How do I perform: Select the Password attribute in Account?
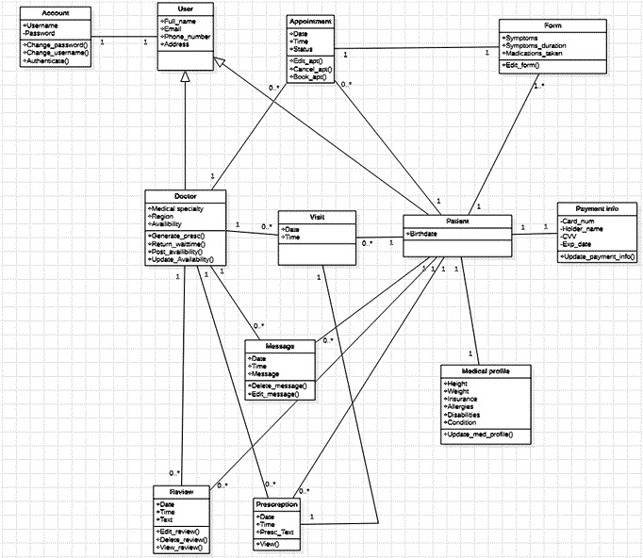(41, 33)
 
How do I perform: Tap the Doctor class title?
(185, 196)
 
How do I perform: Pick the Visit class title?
(316, 216)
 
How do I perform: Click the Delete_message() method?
(280, 386)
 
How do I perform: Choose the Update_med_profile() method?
(480, 433)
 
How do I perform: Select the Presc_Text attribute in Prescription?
(278, 531)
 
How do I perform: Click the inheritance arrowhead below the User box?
(186, 77)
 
